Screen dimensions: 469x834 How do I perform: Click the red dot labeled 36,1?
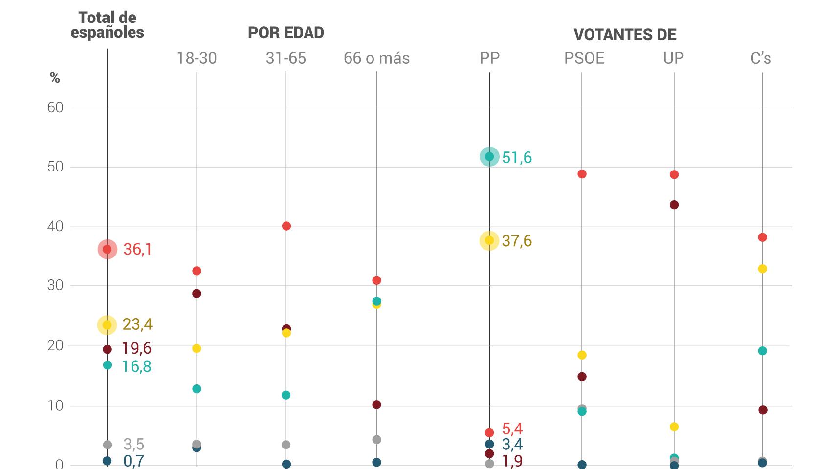107,249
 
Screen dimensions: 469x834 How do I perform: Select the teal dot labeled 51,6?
489,157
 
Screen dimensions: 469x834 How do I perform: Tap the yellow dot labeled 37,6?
489,240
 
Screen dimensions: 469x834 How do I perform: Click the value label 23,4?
137,324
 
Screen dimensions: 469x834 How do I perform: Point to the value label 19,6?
136,348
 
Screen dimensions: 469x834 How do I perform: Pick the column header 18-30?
197,58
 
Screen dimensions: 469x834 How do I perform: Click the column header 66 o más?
376,58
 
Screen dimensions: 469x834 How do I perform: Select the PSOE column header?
584,58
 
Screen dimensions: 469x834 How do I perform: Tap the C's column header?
761,58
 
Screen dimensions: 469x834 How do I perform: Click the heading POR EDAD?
286,33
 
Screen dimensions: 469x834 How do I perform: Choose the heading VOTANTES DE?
625,35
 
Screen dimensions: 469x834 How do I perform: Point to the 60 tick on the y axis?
55,107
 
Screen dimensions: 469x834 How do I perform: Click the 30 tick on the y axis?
55,286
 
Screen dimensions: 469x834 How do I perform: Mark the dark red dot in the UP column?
674,205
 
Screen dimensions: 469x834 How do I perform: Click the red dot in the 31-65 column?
286,226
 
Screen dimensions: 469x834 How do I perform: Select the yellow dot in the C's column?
762,269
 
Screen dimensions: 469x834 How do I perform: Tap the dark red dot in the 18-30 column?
197,294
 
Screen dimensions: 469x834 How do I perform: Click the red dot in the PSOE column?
582,174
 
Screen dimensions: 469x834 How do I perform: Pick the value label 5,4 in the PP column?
512,429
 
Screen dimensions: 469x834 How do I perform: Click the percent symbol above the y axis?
55,78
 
